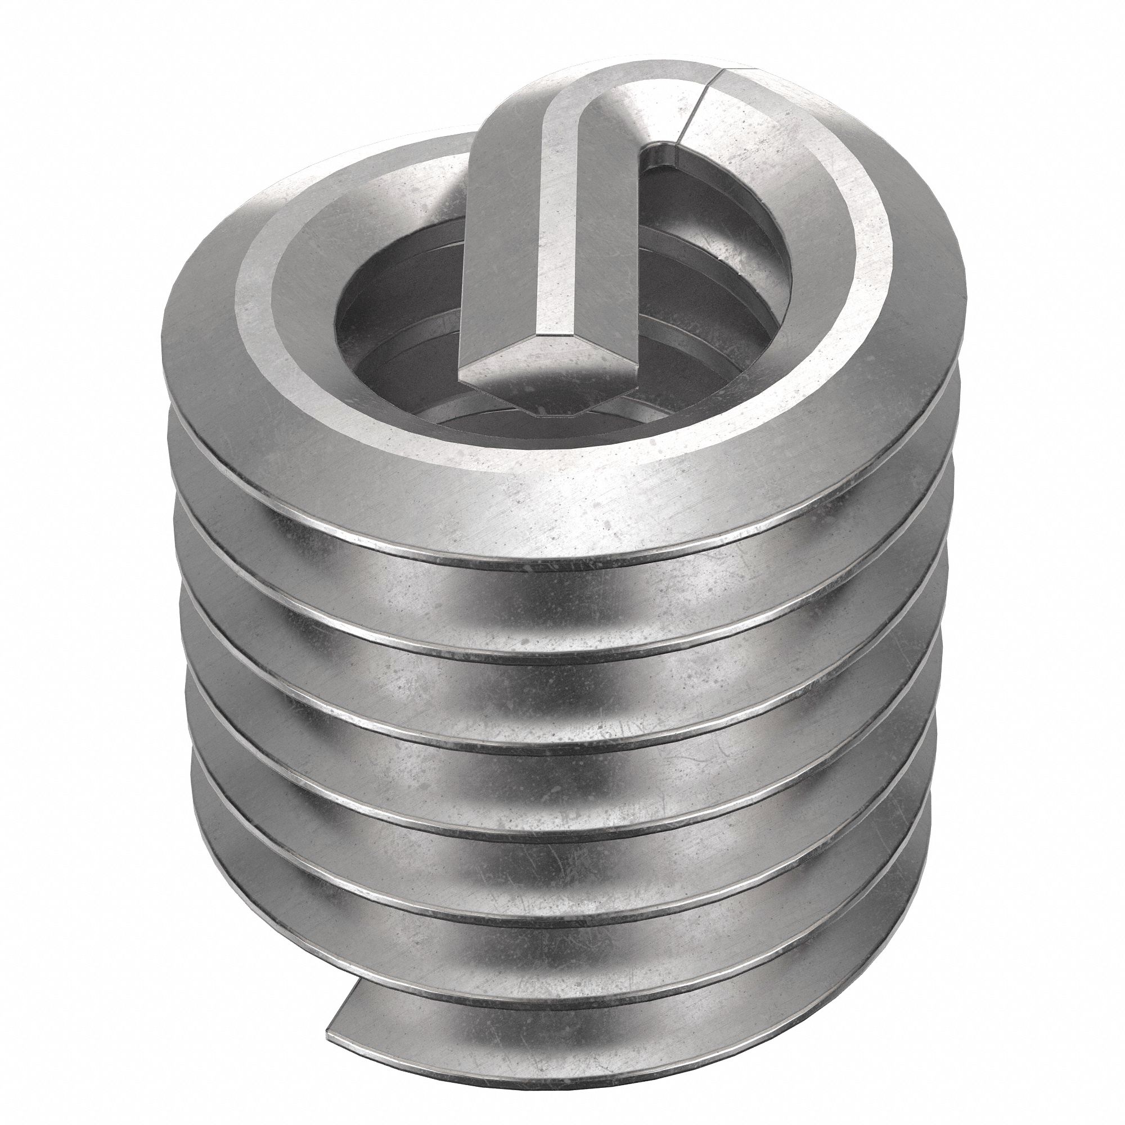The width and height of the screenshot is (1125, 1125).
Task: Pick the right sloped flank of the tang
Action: [606, 245]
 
